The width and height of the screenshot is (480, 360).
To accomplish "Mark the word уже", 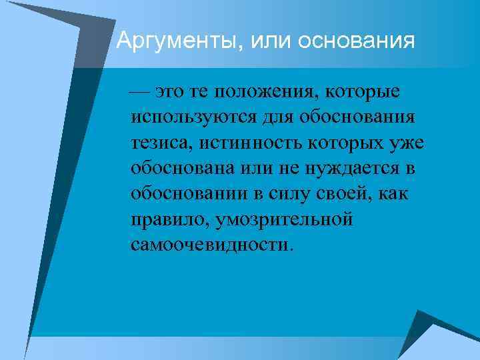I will [x=406, y=143].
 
